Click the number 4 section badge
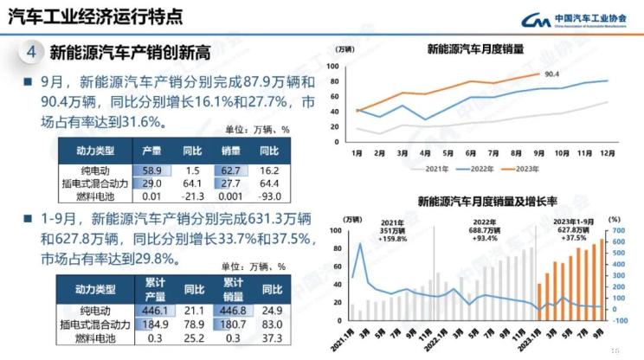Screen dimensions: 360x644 31,52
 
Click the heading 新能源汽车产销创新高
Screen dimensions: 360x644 131,53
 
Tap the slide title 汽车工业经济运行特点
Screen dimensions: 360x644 94,16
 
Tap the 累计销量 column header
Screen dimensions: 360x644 233,287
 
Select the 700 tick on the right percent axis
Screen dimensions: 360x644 618,230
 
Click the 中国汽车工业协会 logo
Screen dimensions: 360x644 580,19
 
